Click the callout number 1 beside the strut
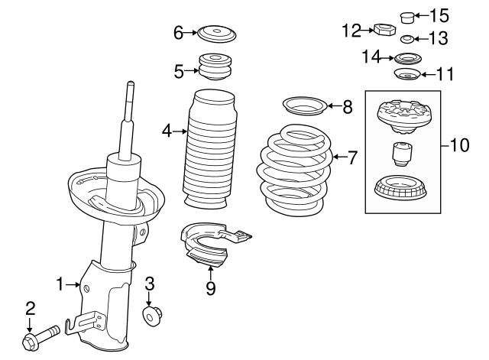click(60, 284)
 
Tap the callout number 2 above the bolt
click(30, 308)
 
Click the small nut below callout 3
click(151, 314)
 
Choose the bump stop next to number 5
click(215, 66)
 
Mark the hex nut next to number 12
click(383, 31)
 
